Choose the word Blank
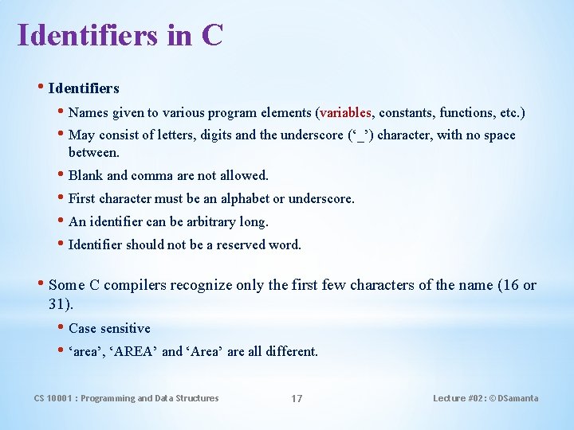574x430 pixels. coord(85,175)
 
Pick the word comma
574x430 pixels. coord(151,175)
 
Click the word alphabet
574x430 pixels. coord(238,198)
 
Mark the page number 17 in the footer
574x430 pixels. coord(296,398)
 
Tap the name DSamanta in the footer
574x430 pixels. coord(517,398)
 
